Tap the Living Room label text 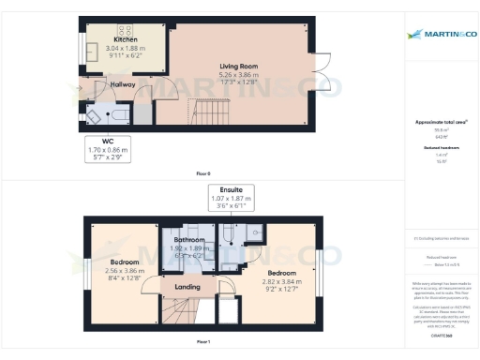click(x=238, y=67)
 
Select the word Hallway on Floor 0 click(x=123, y=85)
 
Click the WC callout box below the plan click(x=108, y=149)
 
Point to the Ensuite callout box click(x=231, y=196)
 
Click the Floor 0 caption click(x=203, y=174)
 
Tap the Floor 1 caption click(x=203, y=343)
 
